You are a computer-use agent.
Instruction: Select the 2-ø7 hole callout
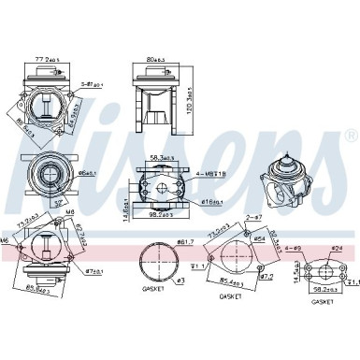point(253,217)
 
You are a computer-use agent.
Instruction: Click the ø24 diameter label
point(338,249)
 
